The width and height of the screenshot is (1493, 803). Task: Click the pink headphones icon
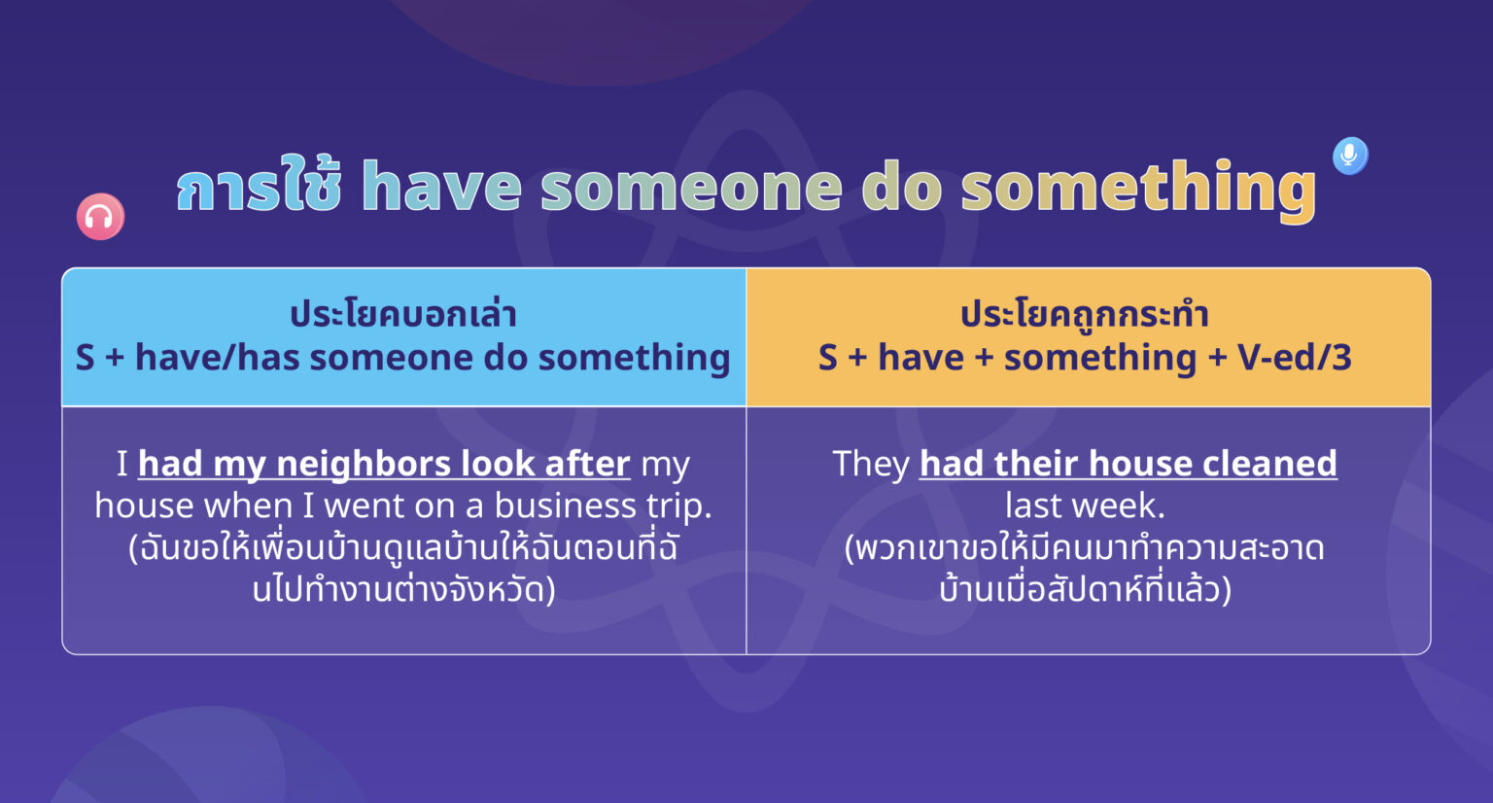coord(100,217)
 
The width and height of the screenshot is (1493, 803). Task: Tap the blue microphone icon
coord(1349,155)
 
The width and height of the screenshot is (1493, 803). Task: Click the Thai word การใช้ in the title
coord(259,187)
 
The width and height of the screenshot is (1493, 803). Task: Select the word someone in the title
coord(691,187)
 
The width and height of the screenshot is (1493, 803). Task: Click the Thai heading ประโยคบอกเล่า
coord(403,314)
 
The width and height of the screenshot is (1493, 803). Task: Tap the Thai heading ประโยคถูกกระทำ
coord(1085,314)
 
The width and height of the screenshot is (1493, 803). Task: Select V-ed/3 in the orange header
coord(1295,358)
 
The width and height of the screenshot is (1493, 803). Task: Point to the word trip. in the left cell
coord(679,506)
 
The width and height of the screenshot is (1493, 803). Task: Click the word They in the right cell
coord(871,464)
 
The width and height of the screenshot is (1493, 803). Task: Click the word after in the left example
coord(587,464)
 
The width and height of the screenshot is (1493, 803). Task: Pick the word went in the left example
coord(365,506)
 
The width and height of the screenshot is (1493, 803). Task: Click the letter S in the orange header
coord(827,358)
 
